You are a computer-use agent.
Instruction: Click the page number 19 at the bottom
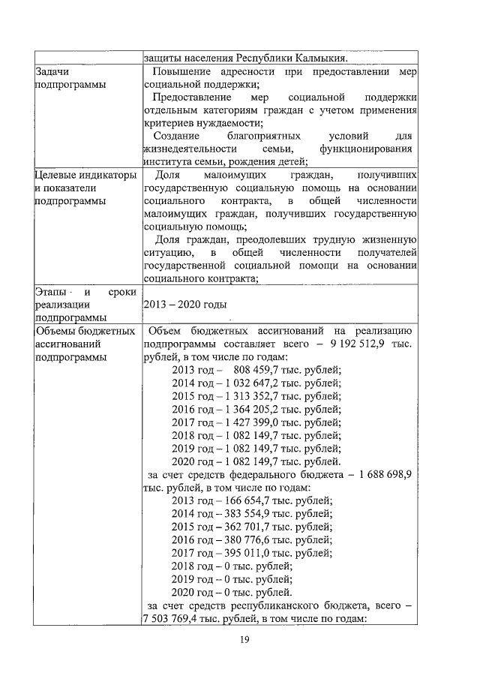244,639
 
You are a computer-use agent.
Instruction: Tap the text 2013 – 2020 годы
184,305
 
